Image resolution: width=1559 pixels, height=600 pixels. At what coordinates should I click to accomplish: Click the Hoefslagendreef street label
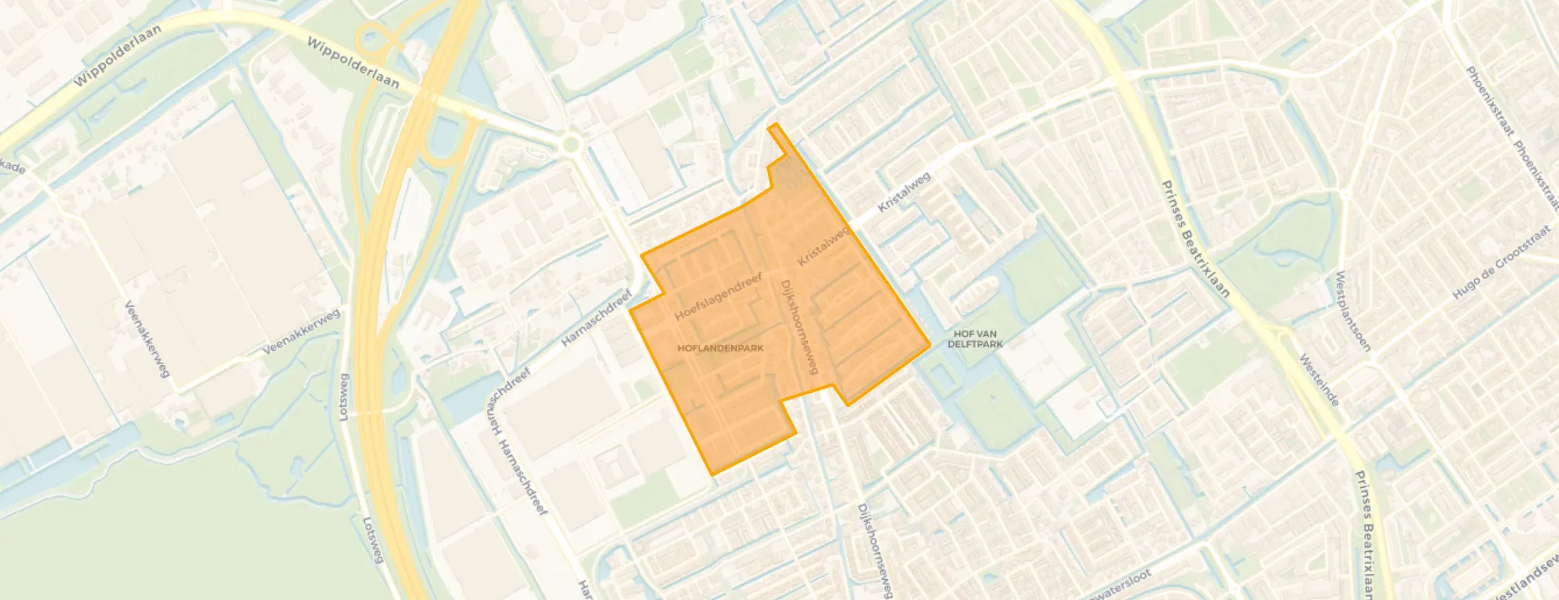tap(718, 297)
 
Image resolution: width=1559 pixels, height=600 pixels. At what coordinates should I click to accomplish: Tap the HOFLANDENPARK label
tap(720, 348)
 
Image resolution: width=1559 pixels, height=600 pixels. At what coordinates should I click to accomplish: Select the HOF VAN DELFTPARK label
tap(975, 339)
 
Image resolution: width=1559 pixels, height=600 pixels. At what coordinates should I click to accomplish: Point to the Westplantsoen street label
tap(1352, 311)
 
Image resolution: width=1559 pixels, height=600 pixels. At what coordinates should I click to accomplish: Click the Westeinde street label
tap(1319, 380)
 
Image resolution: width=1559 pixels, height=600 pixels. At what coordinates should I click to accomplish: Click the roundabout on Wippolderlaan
tap(571, 143)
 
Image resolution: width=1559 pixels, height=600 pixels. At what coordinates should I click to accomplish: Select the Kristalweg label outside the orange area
tap(904, 192)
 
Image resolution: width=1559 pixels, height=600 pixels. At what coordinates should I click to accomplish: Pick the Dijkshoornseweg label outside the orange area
tap(875, 551)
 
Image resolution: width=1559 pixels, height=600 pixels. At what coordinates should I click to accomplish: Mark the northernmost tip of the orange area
tap(774, 123)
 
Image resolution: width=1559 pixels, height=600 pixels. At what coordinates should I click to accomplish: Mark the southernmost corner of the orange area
tap(712, 474)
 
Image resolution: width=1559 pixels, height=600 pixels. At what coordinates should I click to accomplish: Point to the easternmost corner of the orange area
tap(929, 344)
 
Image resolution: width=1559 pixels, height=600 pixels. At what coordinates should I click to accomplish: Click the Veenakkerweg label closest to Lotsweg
tap(302, 332)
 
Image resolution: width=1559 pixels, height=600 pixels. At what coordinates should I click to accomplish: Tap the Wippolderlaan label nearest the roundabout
tap(353, 63)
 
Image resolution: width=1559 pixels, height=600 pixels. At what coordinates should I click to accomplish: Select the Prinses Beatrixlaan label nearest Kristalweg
tap(1195, 239)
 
